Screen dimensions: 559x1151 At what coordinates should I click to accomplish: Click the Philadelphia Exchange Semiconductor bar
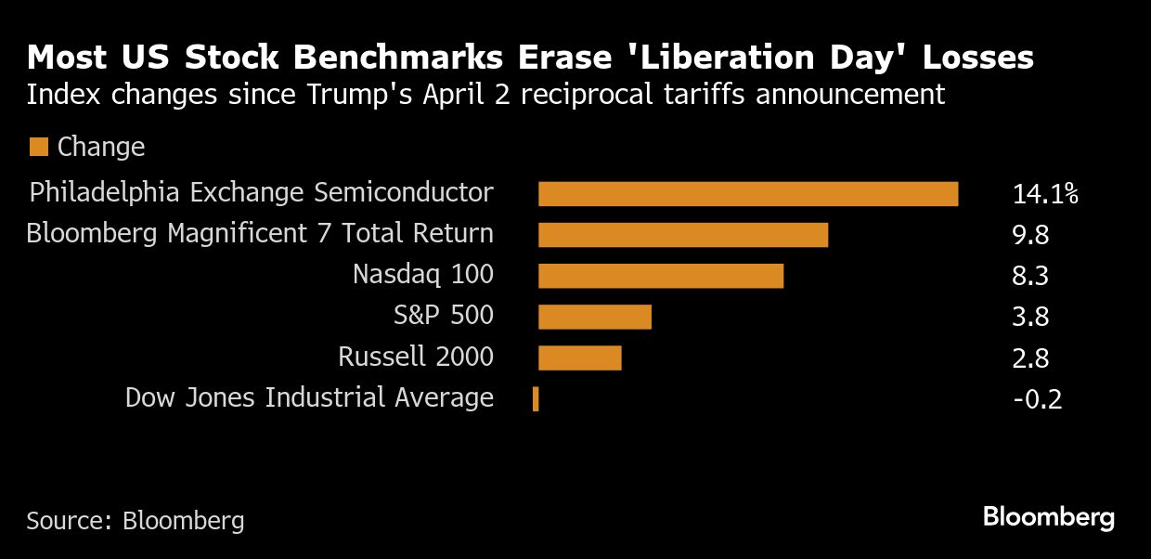click(x=748, y=194)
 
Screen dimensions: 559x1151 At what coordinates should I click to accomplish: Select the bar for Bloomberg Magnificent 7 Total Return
click(x=683, y=235)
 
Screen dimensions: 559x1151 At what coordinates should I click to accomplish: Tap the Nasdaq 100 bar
click(x=661, y=276)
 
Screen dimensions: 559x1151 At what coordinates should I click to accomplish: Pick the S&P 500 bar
click(x=595, y=317)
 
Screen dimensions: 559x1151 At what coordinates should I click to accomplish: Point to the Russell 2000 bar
click(x=579, y=357)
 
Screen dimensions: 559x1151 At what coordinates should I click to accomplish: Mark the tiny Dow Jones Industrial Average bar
click(x=536, y=399)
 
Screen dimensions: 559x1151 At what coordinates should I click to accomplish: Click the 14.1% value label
click(x=1045, y=194)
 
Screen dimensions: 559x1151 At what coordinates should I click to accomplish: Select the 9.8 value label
click(x=1030, y=235)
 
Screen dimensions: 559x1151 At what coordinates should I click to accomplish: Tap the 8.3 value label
click(x=1030, y=276)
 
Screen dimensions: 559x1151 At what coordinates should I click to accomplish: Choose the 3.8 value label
click(x=1030, y=317)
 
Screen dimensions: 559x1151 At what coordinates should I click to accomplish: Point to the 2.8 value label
click(x=1030, y=357)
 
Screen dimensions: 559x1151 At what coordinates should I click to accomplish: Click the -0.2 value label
click(x=1036, y=399)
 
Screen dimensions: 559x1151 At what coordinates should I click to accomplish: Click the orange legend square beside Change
click(x=38, y=147)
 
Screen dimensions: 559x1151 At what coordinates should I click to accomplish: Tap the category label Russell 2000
click(x=416, y=357)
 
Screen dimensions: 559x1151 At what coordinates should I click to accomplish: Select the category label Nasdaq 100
click(x=423, y=275)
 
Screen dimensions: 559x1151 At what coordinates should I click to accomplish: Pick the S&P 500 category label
click(x=444, y=316)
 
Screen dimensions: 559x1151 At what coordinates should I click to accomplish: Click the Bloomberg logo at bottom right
click(x=1049, y=516)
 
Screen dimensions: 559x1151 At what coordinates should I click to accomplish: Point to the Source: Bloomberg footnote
click(x=136, y=520)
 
